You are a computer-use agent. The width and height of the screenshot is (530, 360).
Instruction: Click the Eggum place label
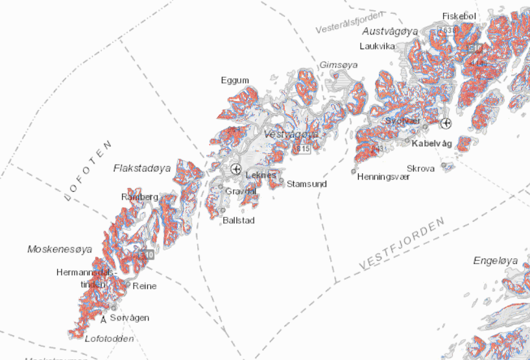pos(235,80)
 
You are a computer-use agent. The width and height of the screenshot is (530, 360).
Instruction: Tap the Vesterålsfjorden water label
pos(350,21)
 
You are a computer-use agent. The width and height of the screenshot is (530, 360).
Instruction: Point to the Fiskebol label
pos(459,16)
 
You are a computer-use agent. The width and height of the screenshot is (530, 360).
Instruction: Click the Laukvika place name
pos(378,46)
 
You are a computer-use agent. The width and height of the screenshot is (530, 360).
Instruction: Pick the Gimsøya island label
pos(335,65)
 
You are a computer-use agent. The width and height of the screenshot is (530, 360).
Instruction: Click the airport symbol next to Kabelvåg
pos(446,123)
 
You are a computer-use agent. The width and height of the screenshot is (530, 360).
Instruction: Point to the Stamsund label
pos(307,184)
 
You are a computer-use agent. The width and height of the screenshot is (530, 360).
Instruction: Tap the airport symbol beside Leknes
pos(235,169)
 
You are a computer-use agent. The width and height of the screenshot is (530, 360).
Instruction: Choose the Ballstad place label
pos(239,221)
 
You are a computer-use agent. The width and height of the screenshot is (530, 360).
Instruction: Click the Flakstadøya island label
pos(142,168)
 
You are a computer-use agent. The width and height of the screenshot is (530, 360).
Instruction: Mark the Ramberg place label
pos(139,196)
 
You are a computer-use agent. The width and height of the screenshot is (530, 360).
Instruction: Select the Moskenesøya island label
pos(60,249)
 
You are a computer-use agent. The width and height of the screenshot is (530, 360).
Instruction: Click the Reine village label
pos(144,285)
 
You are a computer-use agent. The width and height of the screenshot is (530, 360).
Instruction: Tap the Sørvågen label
pos(130,318)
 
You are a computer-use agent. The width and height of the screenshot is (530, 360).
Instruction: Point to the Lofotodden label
pos(110,339)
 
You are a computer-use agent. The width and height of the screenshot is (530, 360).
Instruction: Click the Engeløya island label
pos(496,261)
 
